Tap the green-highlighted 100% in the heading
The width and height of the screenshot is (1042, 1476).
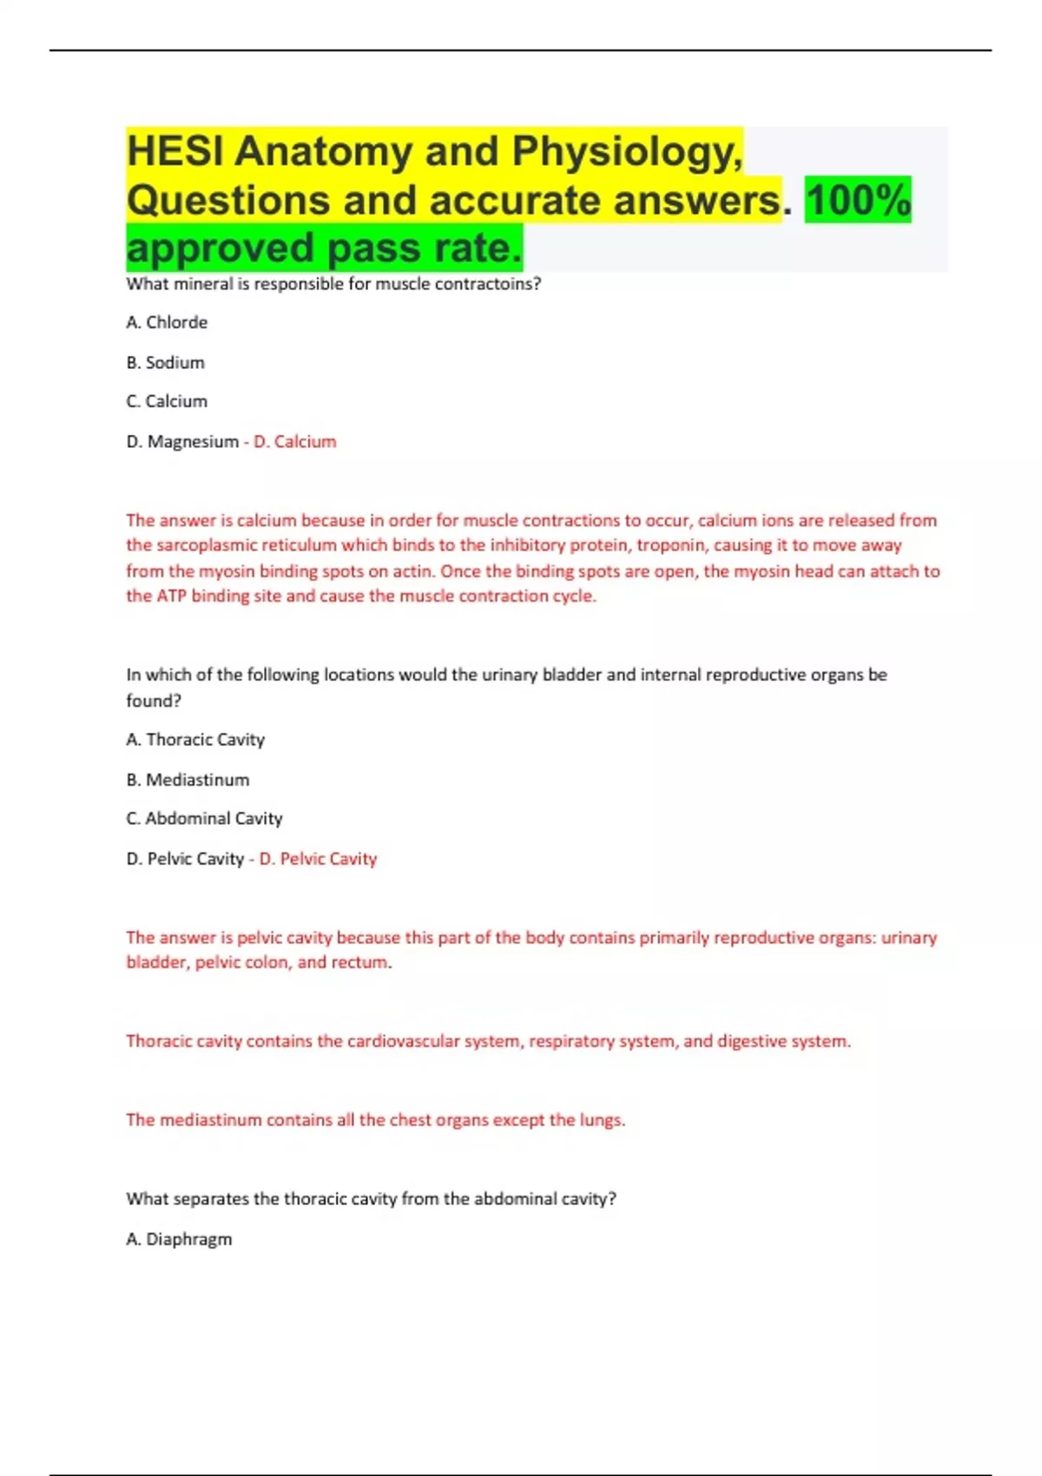pos(858,200)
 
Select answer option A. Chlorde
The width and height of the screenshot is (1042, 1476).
pos(167,322)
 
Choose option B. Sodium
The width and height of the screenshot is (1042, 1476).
pos(165,362)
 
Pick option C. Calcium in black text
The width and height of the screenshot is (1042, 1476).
pos(167,401)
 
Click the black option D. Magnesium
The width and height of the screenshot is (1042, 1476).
pos(182,441)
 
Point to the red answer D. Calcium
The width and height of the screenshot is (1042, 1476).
pos(294,441)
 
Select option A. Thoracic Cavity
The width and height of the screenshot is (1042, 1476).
pos(195,740)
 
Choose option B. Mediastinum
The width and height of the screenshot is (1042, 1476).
pos(188,780)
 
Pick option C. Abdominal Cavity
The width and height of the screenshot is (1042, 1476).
pos(204,818)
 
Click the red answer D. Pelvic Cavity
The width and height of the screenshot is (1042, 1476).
pos(318,859)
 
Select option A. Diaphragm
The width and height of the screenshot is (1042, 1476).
pos(179,1239)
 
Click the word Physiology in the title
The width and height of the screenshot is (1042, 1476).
pos(626,151)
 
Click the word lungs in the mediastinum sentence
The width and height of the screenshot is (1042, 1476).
pos(602,1120)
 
